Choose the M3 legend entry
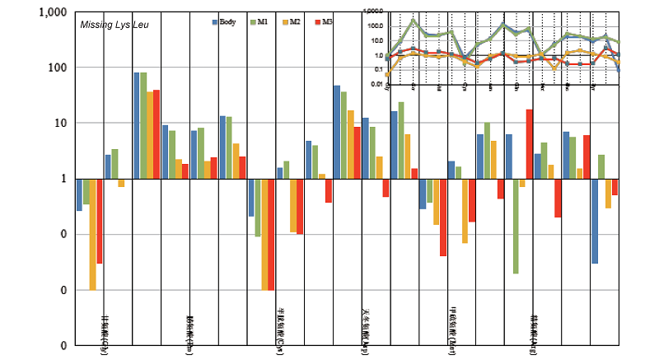(x=325, y=22)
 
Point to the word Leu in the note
(x=140, y=26)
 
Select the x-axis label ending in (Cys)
(x=278, y=334)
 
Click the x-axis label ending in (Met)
(x=453, y=333)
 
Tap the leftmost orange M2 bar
(x=93, y=234)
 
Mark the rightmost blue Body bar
(x=594, y=221)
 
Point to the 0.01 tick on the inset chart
(x=376, y=84)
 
